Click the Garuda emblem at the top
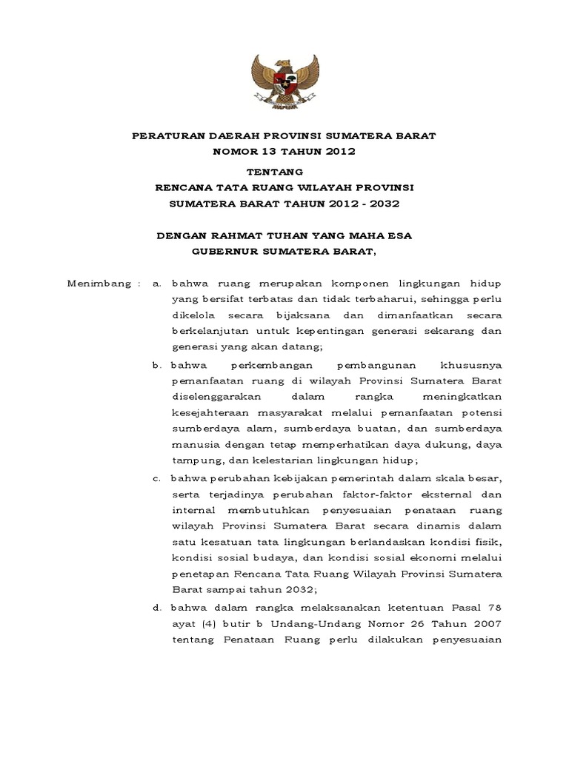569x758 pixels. [284, 81]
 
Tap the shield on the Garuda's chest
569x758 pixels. [284, 79]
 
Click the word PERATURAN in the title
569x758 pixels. [164, 135]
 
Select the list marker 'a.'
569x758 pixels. [157, 284]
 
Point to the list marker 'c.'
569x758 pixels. [157, 478]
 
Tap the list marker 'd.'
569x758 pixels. [157, 608]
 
